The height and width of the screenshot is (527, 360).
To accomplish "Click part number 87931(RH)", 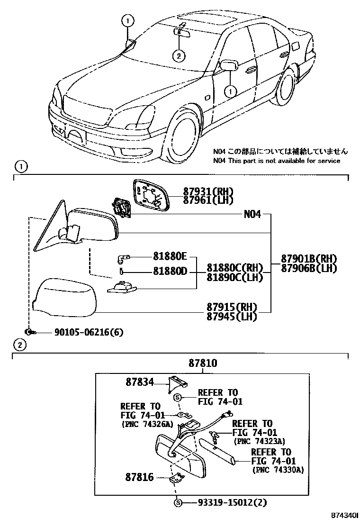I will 208,191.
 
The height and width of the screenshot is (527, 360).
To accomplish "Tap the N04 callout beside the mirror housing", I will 252,214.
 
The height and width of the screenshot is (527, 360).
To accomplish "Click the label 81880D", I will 170,272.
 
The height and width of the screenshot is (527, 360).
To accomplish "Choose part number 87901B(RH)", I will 308,259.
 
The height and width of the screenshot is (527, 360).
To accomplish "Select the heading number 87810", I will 203,363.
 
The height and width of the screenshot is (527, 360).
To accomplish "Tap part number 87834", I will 140,381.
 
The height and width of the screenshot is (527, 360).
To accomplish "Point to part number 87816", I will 140,477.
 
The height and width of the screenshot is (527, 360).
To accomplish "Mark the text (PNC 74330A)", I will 278,470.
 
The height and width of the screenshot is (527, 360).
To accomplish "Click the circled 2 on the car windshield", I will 178,55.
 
